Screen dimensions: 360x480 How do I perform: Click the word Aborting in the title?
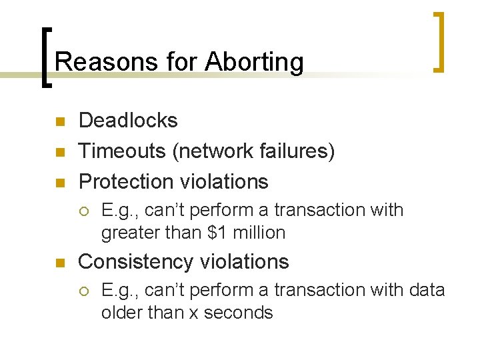tap(254, 63)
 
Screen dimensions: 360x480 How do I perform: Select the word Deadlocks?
tap(128, 121)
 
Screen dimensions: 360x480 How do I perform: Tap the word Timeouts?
tap(123, 151)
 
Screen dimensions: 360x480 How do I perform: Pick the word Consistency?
tap(133, 262)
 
